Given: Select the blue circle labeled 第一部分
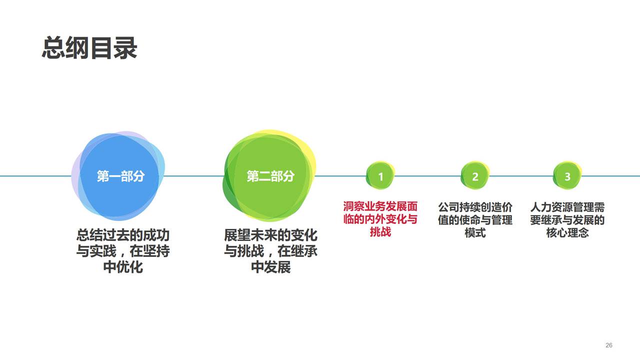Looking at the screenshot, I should pyautogui.click(x=120, y=176).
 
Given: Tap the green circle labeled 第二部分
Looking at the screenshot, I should pyautogui.click(x=270, y=176).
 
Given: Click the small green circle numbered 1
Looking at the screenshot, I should pyautogui.click(x=380, y=176).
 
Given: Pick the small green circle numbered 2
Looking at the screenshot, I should pyautogui.click(x=475, y=176).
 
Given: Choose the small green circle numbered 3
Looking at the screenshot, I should pyautogui.click(x=567, y=176).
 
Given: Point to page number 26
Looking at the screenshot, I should pyautogui.click(x=608, y=345).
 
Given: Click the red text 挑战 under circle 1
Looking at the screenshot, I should pyautogui.click(x=380, y=232).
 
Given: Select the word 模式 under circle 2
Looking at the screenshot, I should pyautogui.click(x=475, y=232).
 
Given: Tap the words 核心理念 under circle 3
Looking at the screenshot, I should pyautogui.click(x=567, y=232).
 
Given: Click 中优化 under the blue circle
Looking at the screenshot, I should pyautogui.click(x=122, y=267).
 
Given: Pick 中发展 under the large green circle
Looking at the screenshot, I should pyautogui.click(x=270, y=267).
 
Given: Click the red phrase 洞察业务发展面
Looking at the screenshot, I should pyautogui.click(x=380, y=206).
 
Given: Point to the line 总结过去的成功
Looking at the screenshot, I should pyautogui.click(x=122, y=235).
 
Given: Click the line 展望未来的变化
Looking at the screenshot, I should pyautogui.click(x=270, y=235).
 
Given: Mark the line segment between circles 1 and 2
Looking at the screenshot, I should pyautogui.click(x=427, y=176).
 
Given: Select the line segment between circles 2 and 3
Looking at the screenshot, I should pyautogui.click(x=521, y=176).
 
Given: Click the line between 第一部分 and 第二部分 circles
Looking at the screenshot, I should pyautogui.click(x=192, y=176).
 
